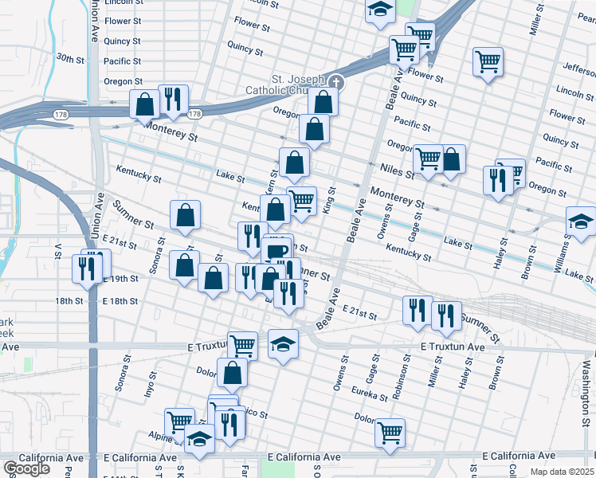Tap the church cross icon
tap(336, 81)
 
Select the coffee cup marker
tap(277, 253)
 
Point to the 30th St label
tap(70, 58)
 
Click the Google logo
tap(26, 468)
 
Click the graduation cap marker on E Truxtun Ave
tap(283, 344)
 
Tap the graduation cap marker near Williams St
tap(580, 222)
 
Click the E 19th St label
tap(120, 279)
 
